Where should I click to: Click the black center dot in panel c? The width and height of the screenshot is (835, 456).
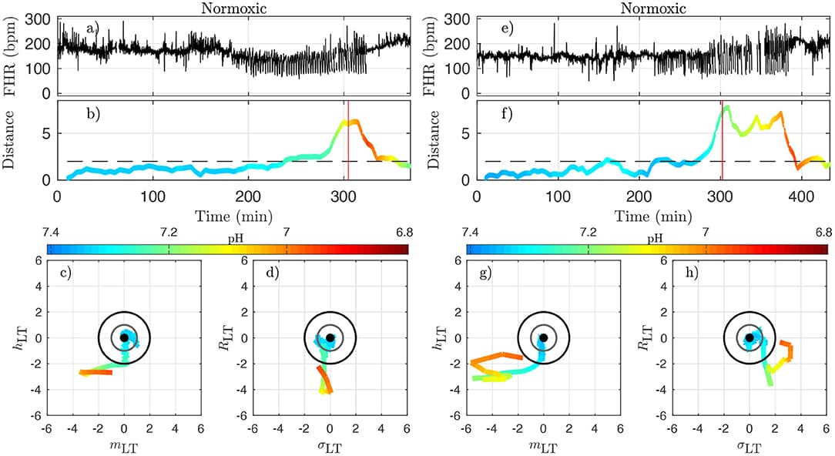[x=124, y=337]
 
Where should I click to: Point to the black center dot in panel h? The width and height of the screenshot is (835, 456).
[x=749, y=337]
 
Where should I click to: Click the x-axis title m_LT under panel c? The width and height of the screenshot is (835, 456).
[x=124, y=445]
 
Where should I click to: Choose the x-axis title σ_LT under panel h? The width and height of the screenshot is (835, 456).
[x=749, y=445]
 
